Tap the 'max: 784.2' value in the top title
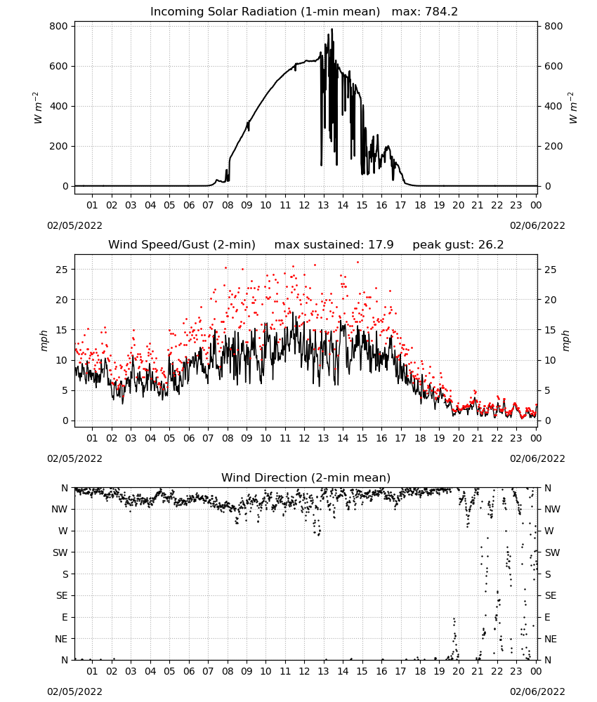coord(425,12)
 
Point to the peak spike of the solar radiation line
coord(332,29)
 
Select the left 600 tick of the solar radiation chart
coord(59,66)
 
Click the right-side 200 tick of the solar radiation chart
coord(553,147)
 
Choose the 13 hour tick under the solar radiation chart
coord(323,205)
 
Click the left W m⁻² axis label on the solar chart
coord(37,108)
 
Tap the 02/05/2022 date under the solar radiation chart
coord(74,225)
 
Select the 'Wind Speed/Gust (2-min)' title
coord(182,245)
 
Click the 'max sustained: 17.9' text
coord(334,245)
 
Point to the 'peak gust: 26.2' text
coord(458,245)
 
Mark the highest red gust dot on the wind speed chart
coord(357,263)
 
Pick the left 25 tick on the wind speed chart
coord(63,270)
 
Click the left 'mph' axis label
coord(44,341)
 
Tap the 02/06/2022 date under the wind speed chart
coord(537,458)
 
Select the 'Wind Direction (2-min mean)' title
coord(306,477)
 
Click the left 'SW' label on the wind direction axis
coord(60,553)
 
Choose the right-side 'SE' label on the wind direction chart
coord(551,596)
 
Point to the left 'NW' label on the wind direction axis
coord(60,510)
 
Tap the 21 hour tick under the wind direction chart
coord(478,671)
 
